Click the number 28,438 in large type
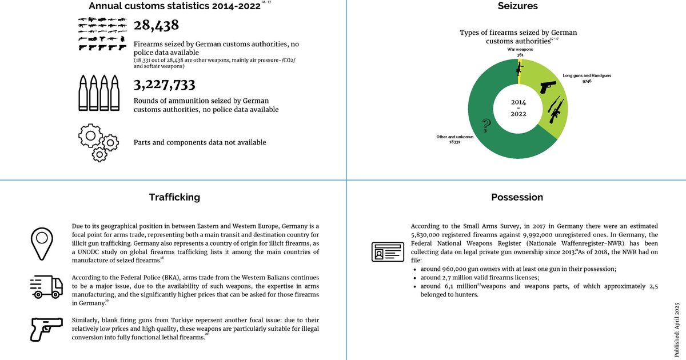coord(156,26)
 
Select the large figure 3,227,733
coord(165,85)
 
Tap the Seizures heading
coord(517,7)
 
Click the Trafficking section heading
coord(174,197)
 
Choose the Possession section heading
coord(517,197)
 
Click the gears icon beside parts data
coord(98,142)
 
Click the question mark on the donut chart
coord(486,125)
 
